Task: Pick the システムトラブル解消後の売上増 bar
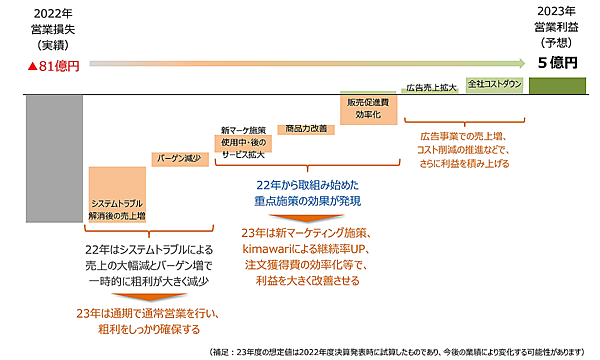pos(117,194)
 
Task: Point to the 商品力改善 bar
pos(306,127)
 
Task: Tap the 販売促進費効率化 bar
pos(368,106)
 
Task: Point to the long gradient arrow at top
pos(300,62)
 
